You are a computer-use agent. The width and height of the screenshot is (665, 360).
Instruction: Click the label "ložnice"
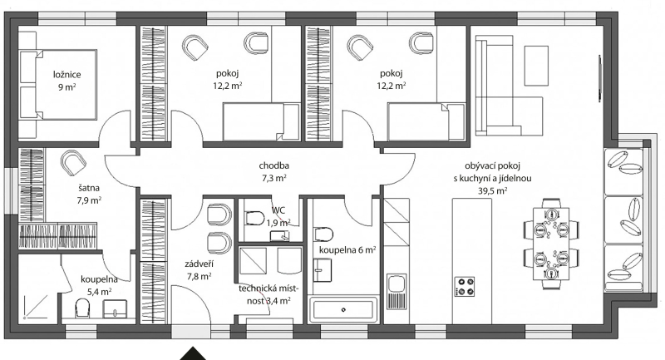point(67,75)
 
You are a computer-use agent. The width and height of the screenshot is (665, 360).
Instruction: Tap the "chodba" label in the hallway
point(274,165)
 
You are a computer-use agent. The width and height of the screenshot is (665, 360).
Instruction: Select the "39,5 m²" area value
point(492,191)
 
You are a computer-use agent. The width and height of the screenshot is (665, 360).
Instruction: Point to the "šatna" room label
point(89,188)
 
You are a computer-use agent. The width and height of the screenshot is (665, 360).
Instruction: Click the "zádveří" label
point(199,264)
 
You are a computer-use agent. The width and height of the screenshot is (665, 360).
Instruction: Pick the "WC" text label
point(278,210)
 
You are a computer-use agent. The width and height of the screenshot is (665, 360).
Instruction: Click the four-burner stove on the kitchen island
point(465,286)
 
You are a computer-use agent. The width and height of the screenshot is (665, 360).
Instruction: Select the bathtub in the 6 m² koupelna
point(343,310)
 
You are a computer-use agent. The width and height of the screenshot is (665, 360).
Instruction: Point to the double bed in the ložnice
point(57,85)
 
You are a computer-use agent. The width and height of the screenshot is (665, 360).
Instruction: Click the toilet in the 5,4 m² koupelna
point(82,308)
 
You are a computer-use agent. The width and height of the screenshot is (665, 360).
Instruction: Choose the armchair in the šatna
point(73,163)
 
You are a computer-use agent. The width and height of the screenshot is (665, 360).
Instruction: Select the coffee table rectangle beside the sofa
point(536,66)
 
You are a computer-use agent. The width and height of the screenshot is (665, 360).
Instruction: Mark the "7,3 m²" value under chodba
point(274,178)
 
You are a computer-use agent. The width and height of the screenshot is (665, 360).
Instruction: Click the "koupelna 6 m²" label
point(347,250)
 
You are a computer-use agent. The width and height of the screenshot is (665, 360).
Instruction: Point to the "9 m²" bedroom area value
point(67,87)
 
